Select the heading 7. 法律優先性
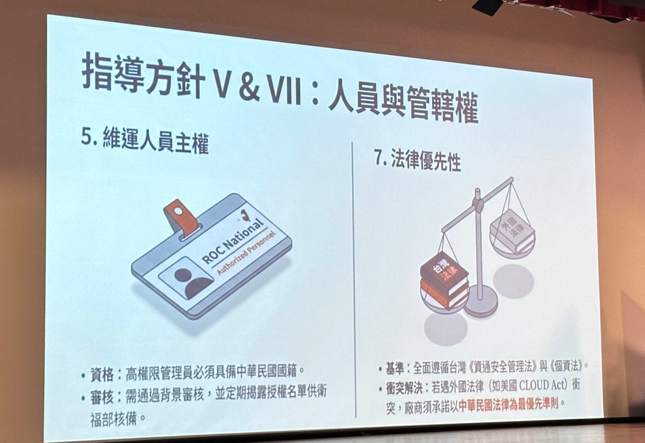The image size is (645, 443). [417, 159]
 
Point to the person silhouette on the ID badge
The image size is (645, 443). [189, 281]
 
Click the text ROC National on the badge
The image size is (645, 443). [232, 240]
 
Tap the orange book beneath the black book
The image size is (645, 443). [443, 294]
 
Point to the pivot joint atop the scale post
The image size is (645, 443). [477, 203]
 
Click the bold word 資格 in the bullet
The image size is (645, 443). [101, 374]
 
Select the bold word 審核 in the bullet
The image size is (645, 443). [101, 396]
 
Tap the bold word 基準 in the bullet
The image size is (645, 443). [394, 367]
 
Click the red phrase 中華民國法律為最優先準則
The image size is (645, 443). [508, 405]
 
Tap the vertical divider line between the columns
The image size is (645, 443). [354, 279]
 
